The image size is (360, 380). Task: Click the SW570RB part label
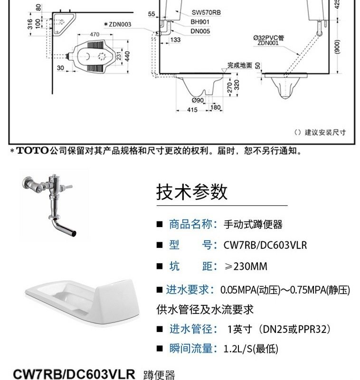click(205, 12)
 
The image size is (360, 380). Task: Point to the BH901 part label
click(200, 21)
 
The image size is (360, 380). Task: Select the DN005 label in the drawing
click(200, 31)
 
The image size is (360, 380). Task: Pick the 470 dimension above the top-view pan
click(95, 34)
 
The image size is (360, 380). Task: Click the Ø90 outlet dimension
click(198, 100)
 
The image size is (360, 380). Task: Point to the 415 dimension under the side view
click(192, 109)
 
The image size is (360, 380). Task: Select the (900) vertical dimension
click(337, 46)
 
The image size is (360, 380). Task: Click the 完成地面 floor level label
click(239, 65)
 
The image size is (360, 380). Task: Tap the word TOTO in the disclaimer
click(33, 151)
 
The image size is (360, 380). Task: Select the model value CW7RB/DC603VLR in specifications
click(265, 245)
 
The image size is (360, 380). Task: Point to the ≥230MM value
click(246, 266)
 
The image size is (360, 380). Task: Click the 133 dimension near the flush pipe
click(176, 40)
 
